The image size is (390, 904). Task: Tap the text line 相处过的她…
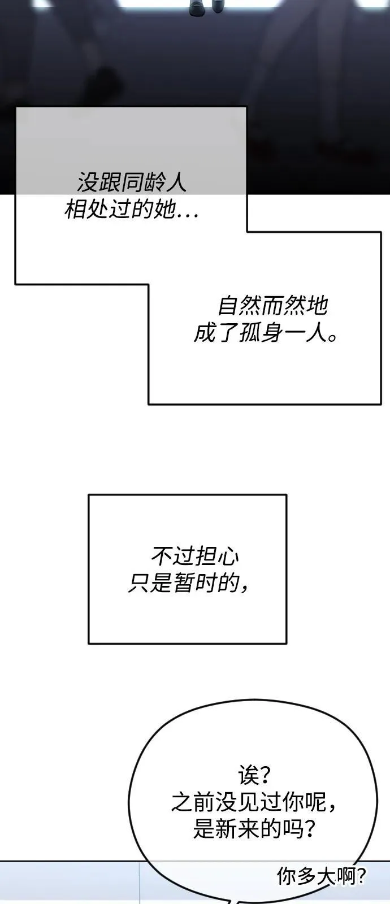(x=132, y=209)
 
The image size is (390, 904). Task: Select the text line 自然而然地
(x=272, y=306)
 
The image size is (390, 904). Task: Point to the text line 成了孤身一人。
(x=266, y=333)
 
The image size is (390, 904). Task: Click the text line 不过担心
(x=195, y=556)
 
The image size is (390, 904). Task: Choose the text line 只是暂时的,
(x=188, y=583)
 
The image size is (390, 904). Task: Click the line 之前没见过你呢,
(x=254, y=802)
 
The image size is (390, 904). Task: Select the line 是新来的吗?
(x=254, y=828)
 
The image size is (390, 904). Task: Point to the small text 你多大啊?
(x=322, y=876)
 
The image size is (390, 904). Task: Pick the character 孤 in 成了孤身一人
(x=249, y=333)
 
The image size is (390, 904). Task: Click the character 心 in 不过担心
(x=228, y=556)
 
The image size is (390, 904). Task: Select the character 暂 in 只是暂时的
(x=184, y=583)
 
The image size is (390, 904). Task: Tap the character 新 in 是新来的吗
(x=227, y=828)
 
